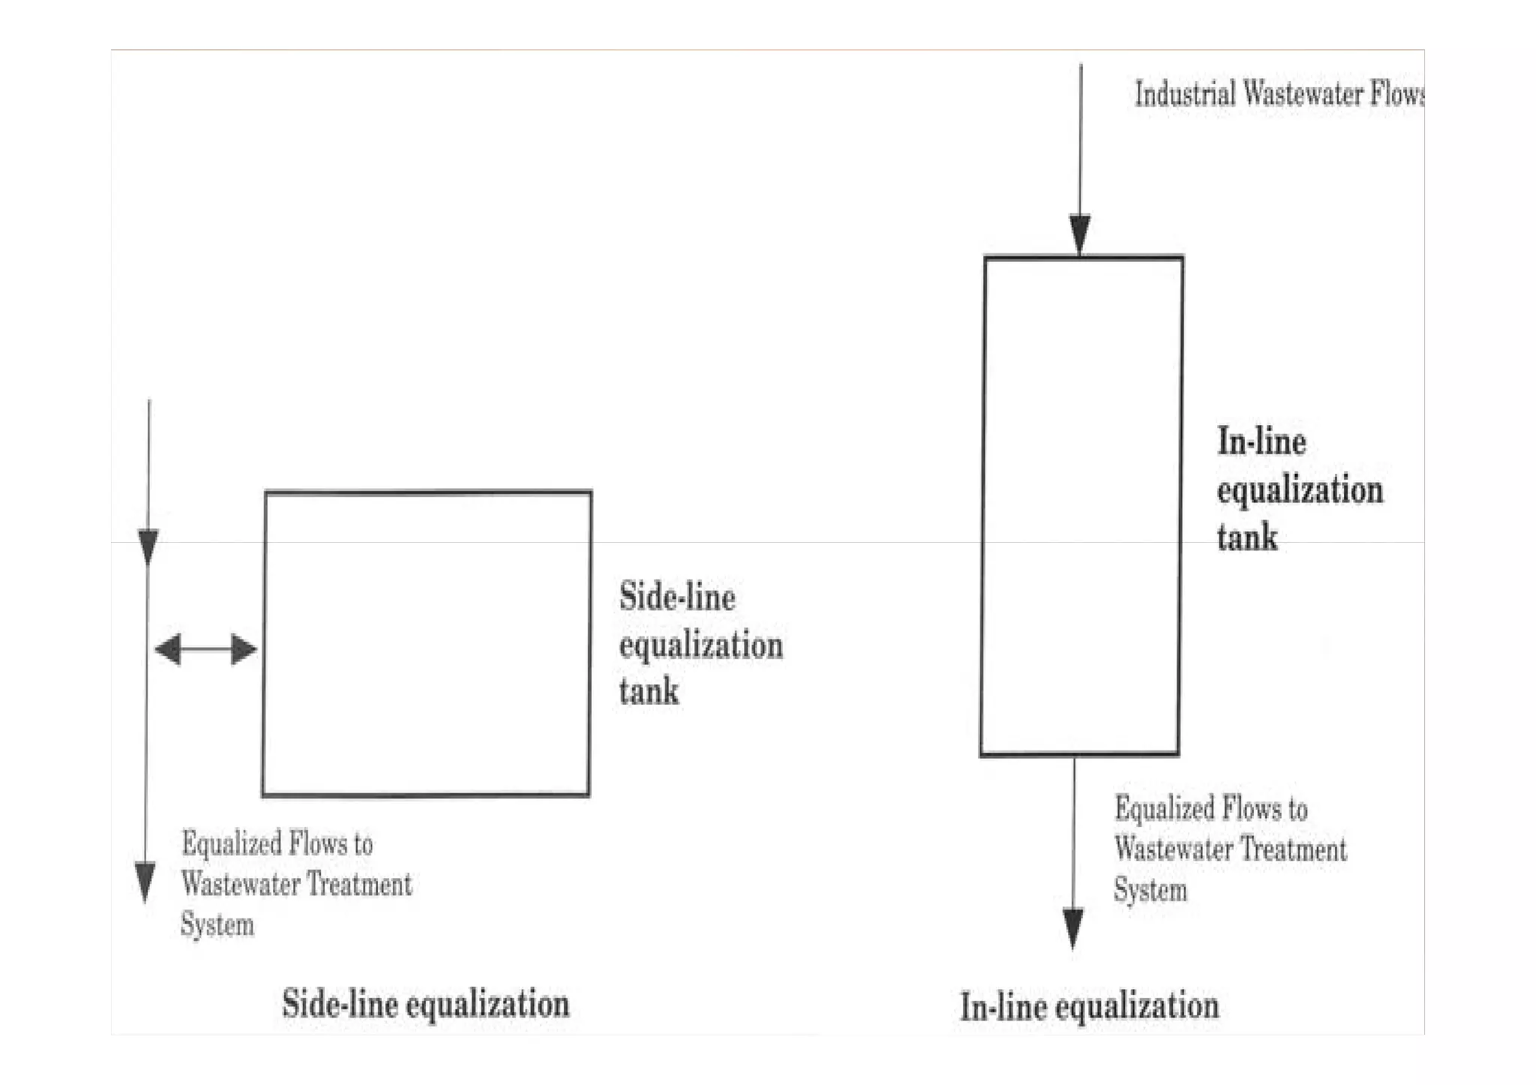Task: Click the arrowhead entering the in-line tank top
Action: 1080,234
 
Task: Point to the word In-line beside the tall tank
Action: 1261,442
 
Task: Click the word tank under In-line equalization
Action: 1246,538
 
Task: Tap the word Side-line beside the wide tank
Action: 677,598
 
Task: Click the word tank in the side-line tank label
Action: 649,691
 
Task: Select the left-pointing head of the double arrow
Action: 168,649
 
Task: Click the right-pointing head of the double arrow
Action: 244,649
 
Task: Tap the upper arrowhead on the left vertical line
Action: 148,546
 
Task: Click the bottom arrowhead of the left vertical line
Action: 145,881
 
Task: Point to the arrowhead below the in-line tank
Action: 1073,928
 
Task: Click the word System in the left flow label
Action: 217,925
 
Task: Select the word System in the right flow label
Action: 1150,890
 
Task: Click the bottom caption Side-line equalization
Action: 425,1004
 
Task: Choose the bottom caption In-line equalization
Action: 1089,1006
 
